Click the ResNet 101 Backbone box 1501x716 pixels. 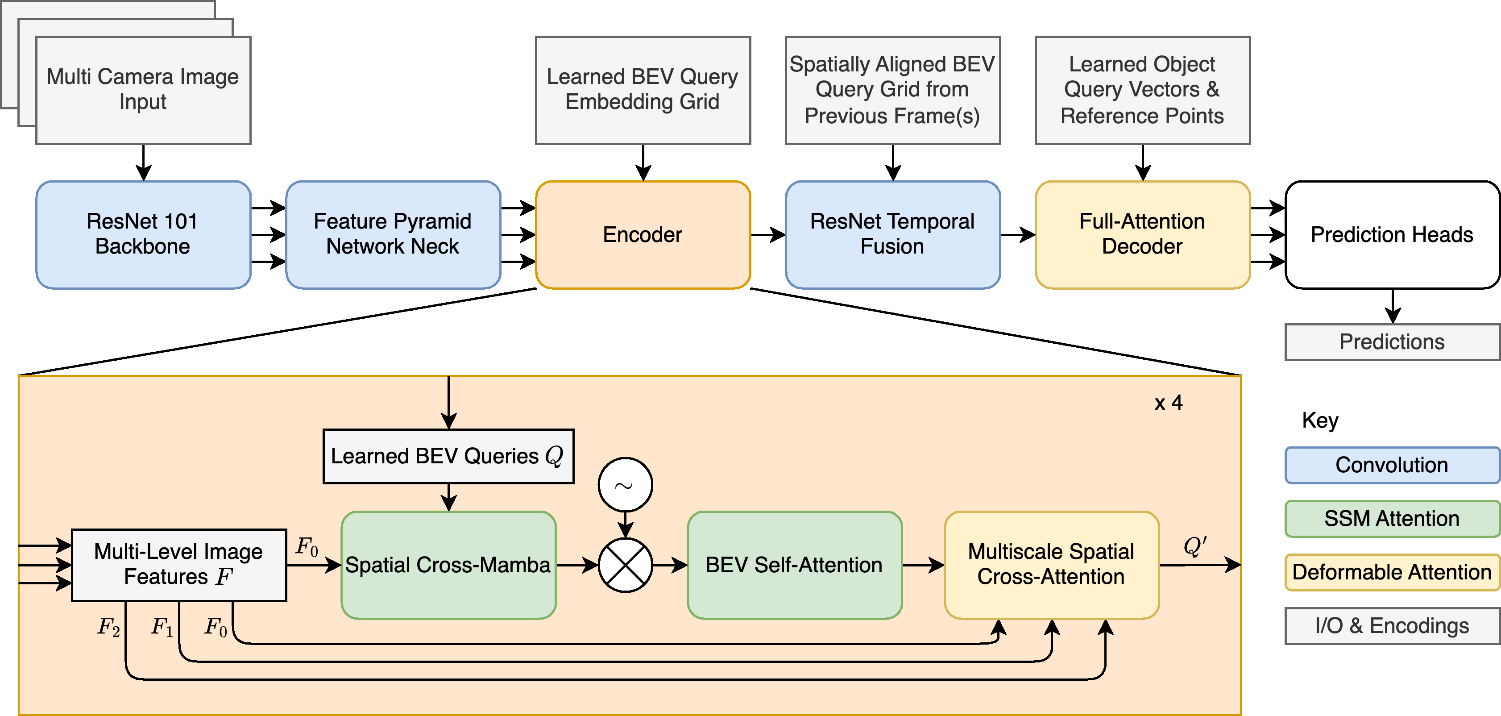pos(143,234)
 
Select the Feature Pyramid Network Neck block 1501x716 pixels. pos(393,234)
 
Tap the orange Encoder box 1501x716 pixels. pos(643,234)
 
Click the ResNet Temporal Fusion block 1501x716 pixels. pos(893,234)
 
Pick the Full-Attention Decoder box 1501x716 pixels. pos(1142,234)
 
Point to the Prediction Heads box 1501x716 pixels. pos(1392,234)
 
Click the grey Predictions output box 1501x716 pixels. pos(1392,341)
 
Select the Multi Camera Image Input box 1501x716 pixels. pos(143,90)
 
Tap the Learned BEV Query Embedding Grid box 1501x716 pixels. pos(643,90)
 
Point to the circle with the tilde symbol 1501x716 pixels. pos(625,484)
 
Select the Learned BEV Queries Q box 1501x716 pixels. pos(448,456)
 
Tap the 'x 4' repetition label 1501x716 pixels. pos(1168,402)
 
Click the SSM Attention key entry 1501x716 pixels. pos(1392,518)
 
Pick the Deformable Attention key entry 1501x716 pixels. pos(1392,572)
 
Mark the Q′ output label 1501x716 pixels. pos(1195,546)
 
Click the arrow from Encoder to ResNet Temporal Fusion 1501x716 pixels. pos(767,235)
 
